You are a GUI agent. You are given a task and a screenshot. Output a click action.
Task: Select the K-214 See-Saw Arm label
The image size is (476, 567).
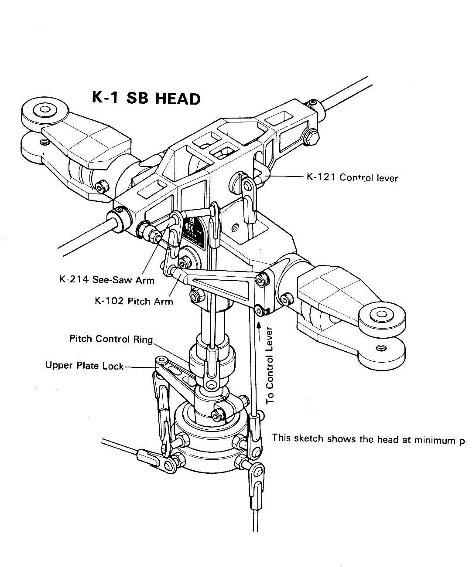click(107, 279)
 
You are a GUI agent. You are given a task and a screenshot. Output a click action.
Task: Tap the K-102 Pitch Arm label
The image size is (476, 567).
click(134, 301)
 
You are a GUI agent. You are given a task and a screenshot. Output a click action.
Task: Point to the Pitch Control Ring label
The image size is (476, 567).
click(111, 339)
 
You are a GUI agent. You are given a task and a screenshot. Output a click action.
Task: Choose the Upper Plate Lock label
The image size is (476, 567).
click(85, 365)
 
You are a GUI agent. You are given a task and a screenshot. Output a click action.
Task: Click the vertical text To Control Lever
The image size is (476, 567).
click(271, 365)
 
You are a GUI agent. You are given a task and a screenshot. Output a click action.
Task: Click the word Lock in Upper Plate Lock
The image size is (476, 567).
click(113, 365)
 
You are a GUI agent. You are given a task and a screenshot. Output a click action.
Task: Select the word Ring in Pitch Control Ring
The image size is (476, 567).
click(144, 339)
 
